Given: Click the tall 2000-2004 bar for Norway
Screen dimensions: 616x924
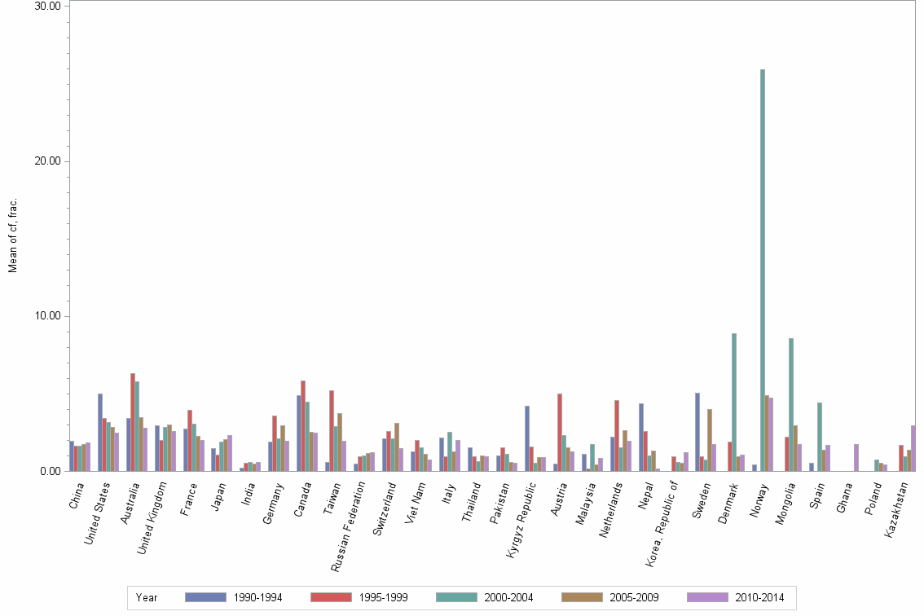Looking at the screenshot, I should click(x=762, y=270).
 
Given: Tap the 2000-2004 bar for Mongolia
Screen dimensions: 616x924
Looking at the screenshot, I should click(x=791, y=404).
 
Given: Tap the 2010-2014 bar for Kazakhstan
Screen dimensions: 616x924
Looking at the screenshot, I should click(x=913, y=448).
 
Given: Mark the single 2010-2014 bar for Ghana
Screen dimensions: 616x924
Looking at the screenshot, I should click(x=856, y=457).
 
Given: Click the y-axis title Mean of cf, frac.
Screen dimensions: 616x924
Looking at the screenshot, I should click(x=12, y=236).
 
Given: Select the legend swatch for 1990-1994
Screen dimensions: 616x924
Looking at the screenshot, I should click(x=205, y=597).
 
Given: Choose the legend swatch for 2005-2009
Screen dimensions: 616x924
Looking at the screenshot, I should click(x=582, y=597).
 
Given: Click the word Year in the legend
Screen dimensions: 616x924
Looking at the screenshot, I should click(x=147, y=598).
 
